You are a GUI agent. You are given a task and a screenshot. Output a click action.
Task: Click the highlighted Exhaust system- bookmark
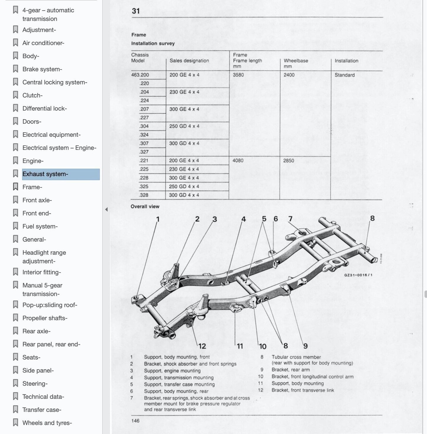(x=45, y=174)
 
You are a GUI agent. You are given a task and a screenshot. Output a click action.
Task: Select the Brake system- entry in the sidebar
(x=42, y=69)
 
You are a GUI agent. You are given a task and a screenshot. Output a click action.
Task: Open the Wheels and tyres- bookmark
(x=47, y=423)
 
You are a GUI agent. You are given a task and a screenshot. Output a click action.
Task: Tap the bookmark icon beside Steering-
(x=16, y=383)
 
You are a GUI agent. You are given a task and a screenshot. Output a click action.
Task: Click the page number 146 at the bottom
(x=135, y=421)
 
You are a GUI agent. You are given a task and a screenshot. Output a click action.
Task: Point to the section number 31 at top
(x=136, y=11)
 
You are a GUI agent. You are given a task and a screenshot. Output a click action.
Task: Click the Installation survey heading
(x=153, y=43)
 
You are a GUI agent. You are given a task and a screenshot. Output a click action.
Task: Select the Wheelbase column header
(x=296, y=61)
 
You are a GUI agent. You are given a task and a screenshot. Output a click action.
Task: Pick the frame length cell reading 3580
(x=238, y=75)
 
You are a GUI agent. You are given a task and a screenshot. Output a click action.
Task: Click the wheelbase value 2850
(x=288, y=161)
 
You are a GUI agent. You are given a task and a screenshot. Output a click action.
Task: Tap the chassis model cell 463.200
(x=140, y=75)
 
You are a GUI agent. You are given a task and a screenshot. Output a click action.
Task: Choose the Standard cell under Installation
(x=344, y=75)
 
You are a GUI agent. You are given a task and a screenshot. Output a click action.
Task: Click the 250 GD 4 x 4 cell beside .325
(x=184, y=187)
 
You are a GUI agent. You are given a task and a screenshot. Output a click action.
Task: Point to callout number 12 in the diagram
(x=202, y=346)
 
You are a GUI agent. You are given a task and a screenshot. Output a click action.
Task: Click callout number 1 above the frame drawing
(x=158, y=219)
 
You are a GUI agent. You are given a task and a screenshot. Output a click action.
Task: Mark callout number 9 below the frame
(x=305, y=346)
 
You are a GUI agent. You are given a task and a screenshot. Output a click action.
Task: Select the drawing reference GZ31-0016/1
(x=358, y=275)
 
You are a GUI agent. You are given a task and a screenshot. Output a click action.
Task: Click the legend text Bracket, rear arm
(x=290, y=370)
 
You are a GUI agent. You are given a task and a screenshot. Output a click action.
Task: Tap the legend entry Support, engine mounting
(x=172, y=371)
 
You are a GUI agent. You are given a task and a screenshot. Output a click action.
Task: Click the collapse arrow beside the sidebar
(x=106, y=210)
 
